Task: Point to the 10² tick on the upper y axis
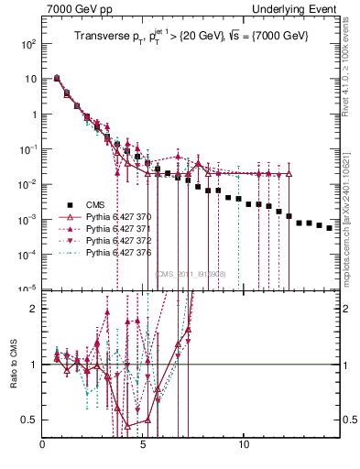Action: coord(28,44)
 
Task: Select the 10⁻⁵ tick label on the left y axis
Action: coord(28,289)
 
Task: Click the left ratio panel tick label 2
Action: coord(34,309)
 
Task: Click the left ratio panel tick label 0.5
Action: coord(30,420)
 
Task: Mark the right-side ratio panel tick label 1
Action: coord(347,365)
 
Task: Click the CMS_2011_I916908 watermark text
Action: coord(190,274)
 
